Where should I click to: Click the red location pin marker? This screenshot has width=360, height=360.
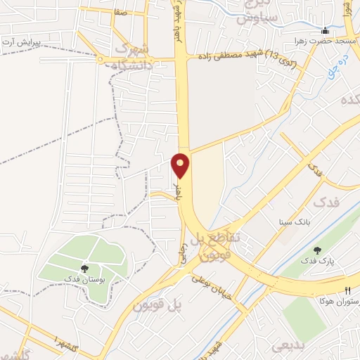pyautogui.click(x=181, y=166)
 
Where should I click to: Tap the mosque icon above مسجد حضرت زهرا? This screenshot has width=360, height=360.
pyautogui.click(x=325, y=30)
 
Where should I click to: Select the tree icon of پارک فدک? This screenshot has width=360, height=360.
pyautogui.click(x=319, y=250)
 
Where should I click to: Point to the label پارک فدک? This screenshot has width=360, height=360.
pyautogui.click(x=317, y=261)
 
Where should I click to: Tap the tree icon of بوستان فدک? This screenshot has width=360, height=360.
pyautogui.click(x=85, y=268)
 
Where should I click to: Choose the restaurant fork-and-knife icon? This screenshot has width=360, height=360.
pyautogui.click(x=347, y=290)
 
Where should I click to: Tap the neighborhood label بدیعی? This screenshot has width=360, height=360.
pyautogui.click(x=289, y=345)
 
